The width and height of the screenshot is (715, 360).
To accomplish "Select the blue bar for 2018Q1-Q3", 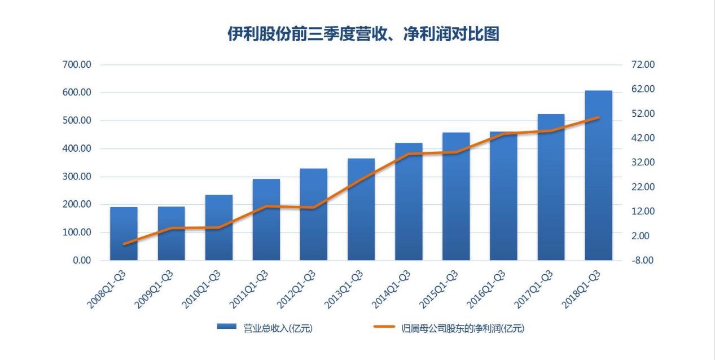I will click(x=598, y=175).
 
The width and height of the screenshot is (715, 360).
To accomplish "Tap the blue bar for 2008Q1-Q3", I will click(x=124, y=234).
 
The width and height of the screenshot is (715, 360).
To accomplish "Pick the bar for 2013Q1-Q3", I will click(x=361, y=209).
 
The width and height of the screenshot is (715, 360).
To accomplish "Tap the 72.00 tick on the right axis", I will click(x=643, y=65).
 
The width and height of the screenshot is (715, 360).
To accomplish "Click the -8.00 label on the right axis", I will click(x=643, y=261).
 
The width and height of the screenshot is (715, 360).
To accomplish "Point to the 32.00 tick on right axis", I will click(x=643, y=163).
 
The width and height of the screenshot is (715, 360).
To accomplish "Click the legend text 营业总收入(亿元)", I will click(x=277, y=328).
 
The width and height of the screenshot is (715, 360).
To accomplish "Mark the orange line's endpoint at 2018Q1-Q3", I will click(x=598, y=117).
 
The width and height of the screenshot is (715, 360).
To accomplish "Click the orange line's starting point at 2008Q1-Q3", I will click(x=124, y=244).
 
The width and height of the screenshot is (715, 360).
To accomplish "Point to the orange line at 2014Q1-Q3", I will click(x=409, y=154).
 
